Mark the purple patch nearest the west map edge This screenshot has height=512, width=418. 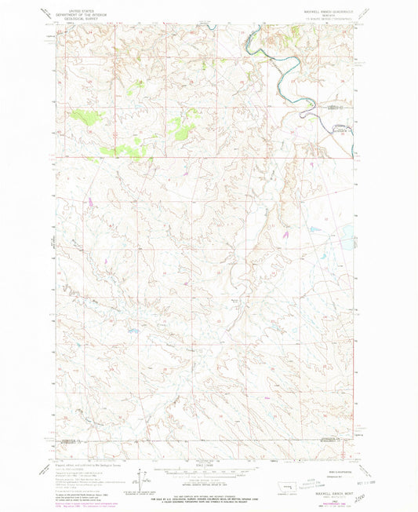(92, 202)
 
